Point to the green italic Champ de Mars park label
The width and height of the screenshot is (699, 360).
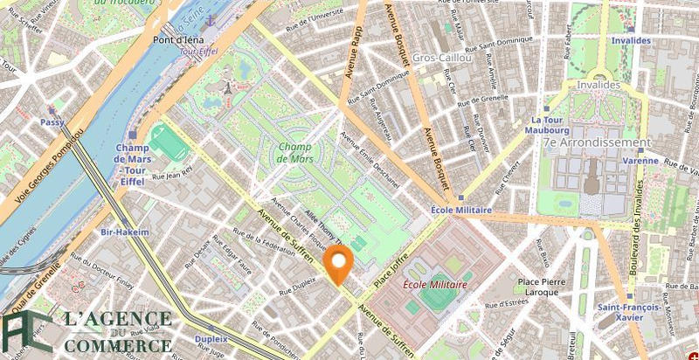point(294,152)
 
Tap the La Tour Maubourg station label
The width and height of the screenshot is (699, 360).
point(550,126)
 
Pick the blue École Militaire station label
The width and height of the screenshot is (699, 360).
point(461,211)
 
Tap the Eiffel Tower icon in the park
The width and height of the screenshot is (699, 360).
point(229,87)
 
